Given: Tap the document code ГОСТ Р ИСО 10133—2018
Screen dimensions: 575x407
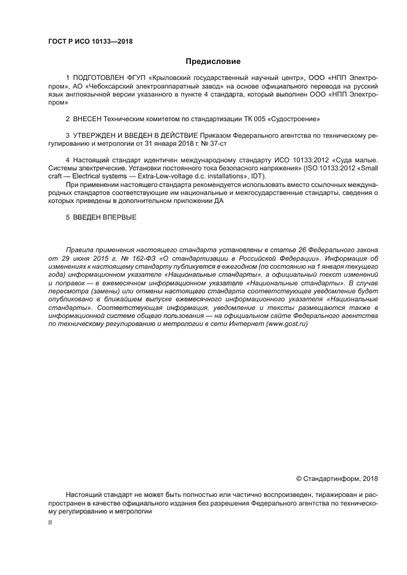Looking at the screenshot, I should (91, 41).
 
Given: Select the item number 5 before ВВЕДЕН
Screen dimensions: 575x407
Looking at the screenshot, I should (67, 217).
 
